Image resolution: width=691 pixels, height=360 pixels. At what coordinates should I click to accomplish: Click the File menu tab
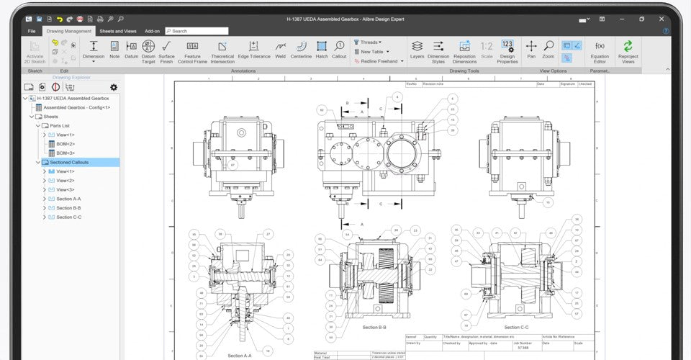click(32, 31)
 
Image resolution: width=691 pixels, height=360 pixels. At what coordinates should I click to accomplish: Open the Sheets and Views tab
click(117, 31)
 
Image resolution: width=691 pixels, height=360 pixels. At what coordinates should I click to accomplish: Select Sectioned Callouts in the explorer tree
click(69, 163)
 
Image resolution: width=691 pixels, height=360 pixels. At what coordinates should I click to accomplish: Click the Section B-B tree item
click(68, 208)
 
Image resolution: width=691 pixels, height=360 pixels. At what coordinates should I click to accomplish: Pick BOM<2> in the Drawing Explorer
click(66, 144)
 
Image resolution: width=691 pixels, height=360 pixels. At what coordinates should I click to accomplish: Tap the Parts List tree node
click(60, 126)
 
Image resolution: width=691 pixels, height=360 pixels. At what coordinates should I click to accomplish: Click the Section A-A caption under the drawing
click(240, 356)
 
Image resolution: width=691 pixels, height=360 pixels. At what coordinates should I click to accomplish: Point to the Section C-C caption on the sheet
click(513, 327)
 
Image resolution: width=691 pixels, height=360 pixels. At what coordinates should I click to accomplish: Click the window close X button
click(667, 19)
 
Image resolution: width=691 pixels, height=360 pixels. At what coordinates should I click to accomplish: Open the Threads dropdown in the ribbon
click(370, 42)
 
